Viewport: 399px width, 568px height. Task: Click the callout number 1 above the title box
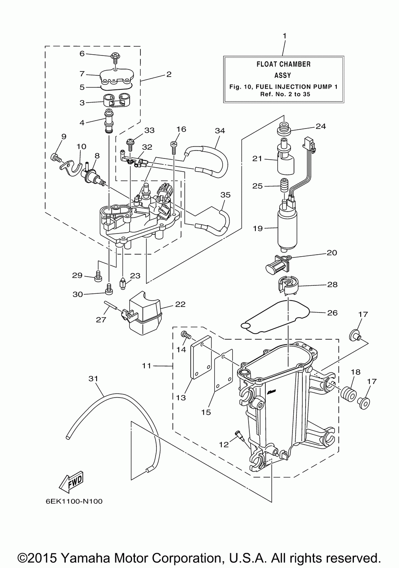click(x=284, y=36)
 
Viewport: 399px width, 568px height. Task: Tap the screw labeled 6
click(x=116, y=58)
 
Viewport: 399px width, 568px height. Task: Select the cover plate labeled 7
click(x=117, y=77)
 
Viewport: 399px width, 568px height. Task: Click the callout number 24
click(x=321, y=126)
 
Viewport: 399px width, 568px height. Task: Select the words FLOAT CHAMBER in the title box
click(x=283, y=64)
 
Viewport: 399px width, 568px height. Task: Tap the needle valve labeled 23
click(x=122, y=283)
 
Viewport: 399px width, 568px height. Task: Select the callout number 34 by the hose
click(x=220, y=131)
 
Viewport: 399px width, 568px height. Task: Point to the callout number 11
click(x=146, y=366)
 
